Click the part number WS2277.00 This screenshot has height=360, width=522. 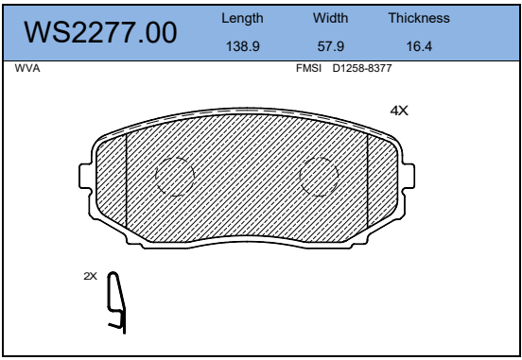(100, 32)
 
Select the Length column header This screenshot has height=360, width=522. (242, 18)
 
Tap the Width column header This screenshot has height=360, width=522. (330, 18)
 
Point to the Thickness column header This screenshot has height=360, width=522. (419, 18)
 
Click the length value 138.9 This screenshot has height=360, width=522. (243, 46)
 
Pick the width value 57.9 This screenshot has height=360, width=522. (331, 46)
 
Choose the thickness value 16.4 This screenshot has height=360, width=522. (419, 46)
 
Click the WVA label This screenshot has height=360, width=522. (27, 68)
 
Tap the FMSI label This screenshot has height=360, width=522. (308, 68)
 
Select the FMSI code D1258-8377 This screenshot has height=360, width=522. (362, 68)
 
